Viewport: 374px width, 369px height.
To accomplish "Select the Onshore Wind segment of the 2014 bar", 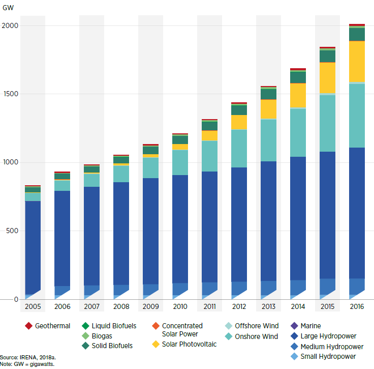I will pyautogui.click(x=298, y=133).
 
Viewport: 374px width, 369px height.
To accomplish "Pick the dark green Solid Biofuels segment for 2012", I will pyautogui.click(x=239, y=110).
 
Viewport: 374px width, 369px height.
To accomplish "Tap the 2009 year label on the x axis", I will pyautogui.click(x=150, y=307).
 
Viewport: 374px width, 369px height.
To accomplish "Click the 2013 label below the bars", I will pyautogui.click(x=268, y=307).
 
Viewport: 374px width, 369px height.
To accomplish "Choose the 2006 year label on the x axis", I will pyautogui.click(x=62, y=307).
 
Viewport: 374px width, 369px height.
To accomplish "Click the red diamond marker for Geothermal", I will pyautogui.click(x=28, y=326).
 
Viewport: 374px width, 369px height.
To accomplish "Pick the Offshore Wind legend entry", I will pyautogui.click(x=256, y=326).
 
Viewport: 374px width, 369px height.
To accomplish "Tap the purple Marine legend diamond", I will pyautogui.click(x=294, y=326).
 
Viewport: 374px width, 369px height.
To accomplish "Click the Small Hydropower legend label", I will pyautogui.click(x=328, y=356).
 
